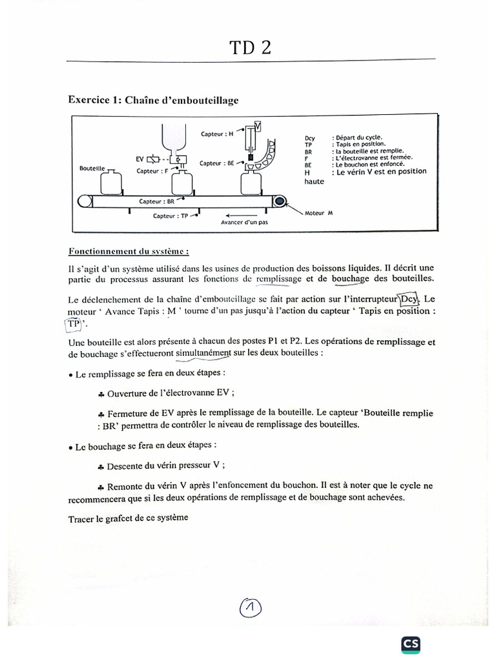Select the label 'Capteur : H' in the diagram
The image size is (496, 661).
point(217,134)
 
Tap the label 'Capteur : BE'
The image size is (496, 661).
point(216,163)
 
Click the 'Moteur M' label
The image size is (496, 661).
point(318,213)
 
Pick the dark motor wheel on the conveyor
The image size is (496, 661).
point(279,202)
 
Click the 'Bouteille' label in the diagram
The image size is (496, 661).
point(92,168)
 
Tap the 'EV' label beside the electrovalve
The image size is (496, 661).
point(139,158)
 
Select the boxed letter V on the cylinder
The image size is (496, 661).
point(258,126)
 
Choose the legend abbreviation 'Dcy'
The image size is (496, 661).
point(309,138)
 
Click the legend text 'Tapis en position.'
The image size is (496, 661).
point(359,144)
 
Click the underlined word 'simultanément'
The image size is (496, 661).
point(203,353)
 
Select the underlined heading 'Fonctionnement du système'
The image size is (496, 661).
point(129,252)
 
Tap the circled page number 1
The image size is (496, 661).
point(250,607)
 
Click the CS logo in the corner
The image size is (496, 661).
point(411,644)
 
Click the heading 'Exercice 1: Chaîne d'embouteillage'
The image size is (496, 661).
point(153,100)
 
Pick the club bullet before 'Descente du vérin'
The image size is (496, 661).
point(101,465)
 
